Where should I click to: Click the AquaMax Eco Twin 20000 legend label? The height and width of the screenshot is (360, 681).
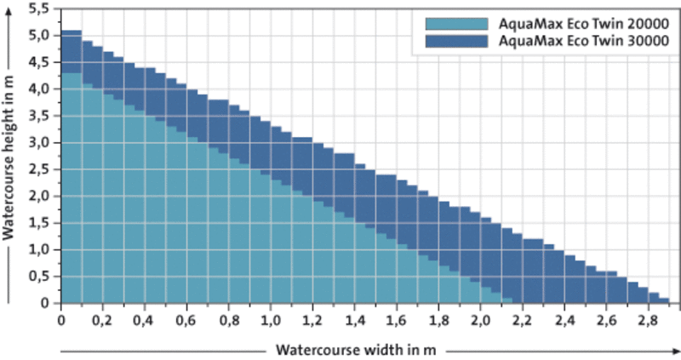(581, 23)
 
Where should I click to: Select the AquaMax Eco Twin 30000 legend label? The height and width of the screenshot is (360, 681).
(581, 40)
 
